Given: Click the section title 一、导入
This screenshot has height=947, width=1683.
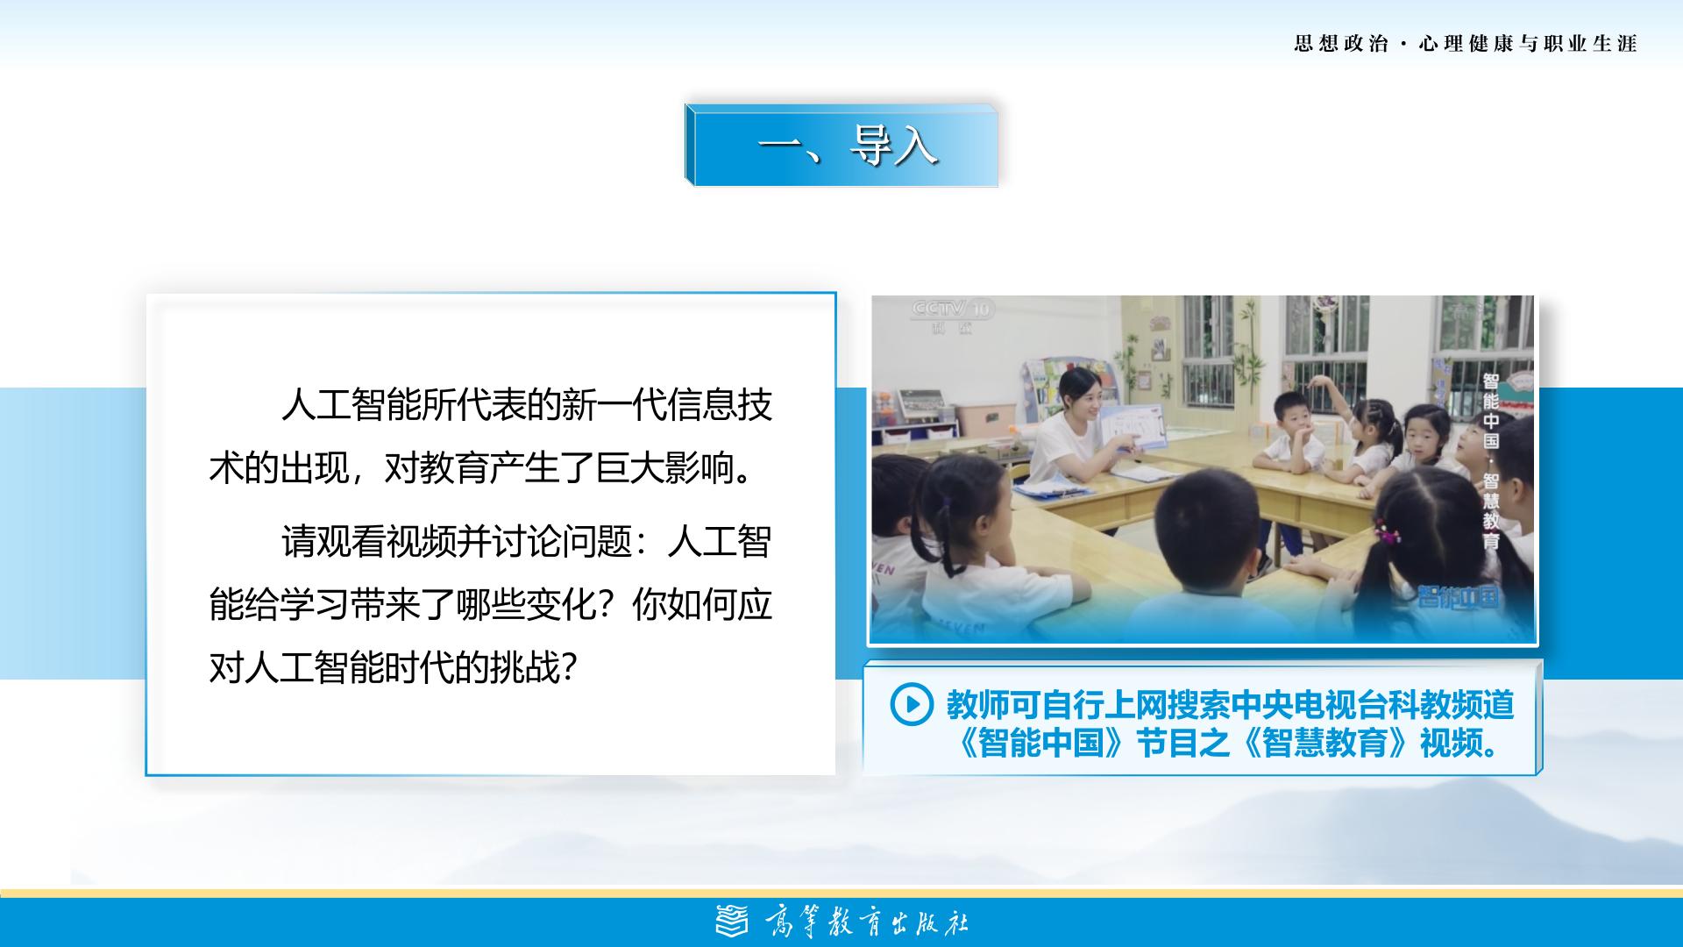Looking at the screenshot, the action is (848, 145).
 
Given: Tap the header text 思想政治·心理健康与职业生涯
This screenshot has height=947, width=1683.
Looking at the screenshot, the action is (1466, 44).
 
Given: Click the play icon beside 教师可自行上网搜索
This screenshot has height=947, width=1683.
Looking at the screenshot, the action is (911, 704).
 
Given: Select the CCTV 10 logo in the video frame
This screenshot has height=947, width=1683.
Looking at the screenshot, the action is (952, 310).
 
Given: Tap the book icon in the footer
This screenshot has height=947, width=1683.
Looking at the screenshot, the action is (732, 922).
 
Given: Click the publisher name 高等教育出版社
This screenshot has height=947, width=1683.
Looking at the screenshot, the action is (867, 922).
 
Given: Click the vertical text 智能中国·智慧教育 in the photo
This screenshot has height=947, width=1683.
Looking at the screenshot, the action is (1491, 461).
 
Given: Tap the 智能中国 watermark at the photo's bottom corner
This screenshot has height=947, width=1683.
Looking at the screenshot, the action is (1459, 597).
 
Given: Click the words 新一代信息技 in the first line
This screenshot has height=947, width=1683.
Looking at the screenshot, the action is (667, 405).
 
